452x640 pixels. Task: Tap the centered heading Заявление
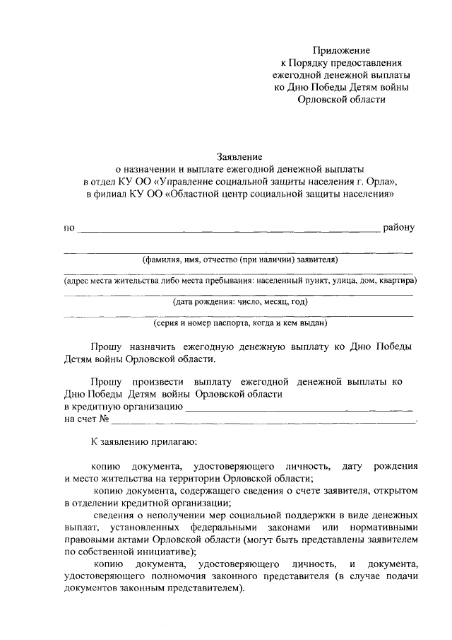click(239, 156)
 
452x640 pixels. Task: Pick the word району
click(400, 228)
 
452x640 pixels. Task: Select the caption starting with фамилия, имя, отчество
click(239, 260)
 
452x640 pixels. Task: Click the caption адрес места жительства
click(239, 280)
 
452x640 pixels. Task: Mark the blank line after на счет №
click(264, 421)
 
